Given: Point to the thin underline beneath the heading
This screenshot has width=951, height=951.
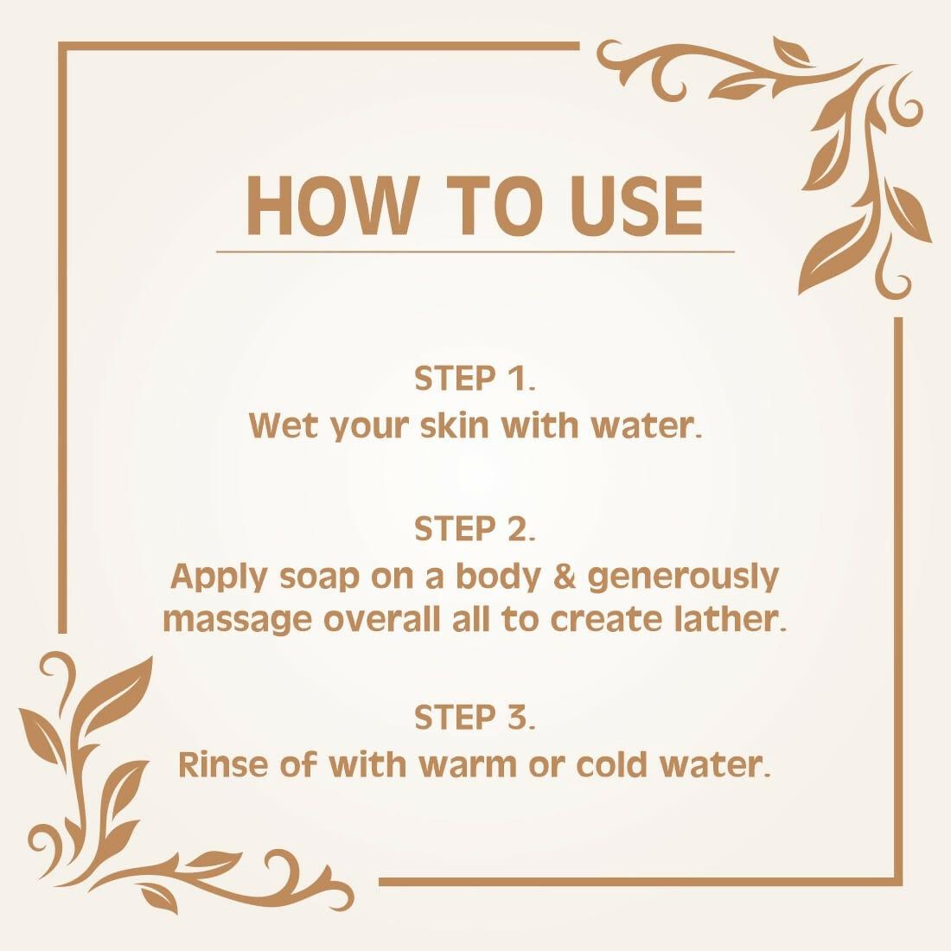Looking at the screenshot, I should tap(475, 252).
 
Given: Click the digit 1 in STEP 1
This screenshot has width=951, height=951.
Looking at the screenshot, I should tap(517, 379).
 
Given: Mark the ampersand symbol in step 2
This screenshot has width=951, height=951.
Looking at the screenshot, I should tap(564, 577).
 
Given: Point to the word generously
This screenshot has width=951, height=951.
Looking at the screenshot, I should tap(684, 578).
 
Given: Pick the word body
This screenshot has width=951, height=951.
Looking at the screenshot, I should tap(500, 578).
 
